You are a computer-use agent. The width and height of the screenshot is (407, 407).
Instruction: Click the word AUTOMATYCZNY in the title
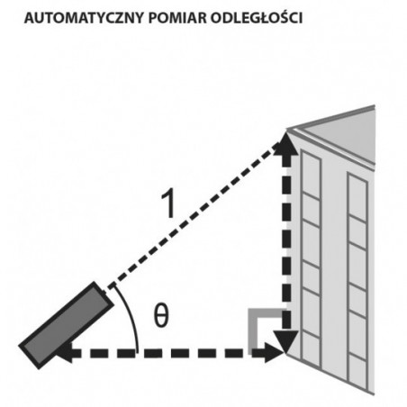pos(83,18)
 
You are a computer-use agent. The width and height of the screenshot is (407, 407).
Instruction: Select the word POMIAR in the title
pos(177,18)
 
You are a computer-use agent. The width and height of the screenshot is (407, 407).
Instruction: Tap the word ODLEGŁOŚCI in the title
pos(256,18)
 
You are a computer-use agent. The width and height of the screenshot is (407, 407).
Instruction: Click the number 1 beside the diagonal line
pos(168,203)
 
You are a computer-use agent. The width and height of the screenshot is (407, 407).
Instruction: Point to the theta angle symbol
pos(161,315)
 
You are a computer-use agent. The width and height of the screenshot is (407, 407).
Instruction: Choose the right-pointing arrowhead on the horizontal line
pos(274,353)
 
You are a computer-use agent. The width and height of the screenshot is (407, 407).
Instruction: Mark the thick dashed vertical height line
pos(287,242)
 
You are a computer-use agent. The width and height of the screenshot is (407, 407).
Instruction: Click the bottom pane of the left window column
pos(311,348)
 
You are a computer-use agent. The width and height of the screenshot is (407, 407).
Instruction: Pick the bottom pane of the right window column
pos(357,371)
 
